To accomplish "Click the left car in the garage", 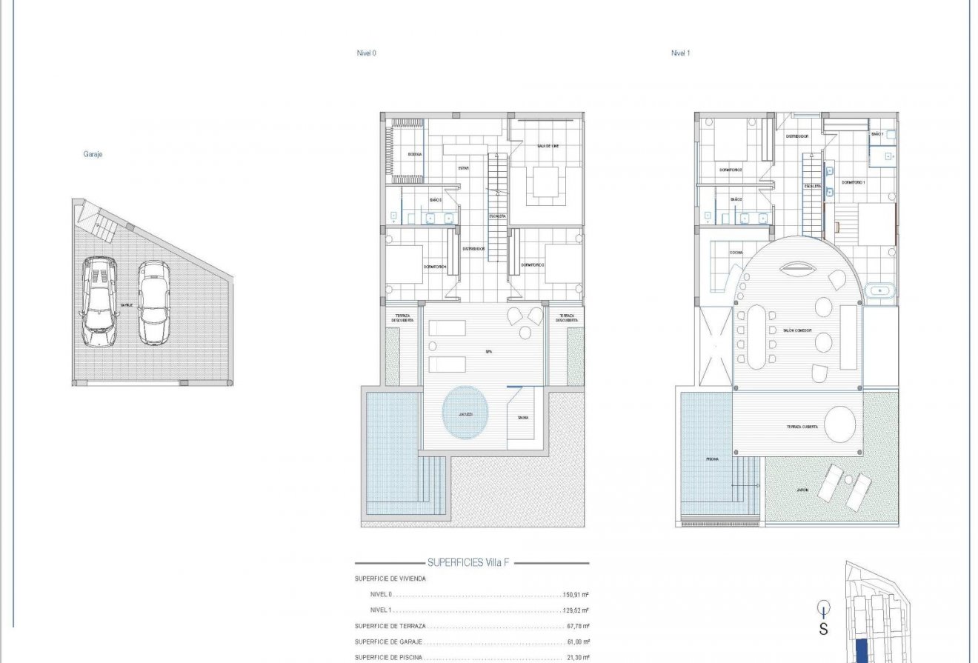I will (99, 301).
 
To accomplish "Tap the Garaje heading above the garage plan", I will (93, 154).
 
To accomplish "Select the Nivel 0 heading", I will (366, 53).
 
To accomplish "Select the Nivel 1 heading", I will (680, 53).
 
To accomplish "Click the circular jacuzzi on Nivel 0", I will (466, 414).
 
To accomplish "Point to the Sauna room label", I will (523, 418).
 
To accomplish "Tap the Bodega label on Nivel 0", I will (415, 154).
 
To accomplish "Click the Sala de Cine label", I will (548, 146).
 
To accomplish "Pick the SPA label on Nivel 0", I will (488, 352).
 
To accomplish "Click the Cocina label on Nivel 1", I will (736, 253).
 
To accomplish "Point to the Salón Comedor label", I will (797, 330).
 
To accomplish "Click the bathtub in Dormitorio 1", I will (879, 290).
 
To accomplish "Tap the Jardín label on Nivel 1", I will (802, 490).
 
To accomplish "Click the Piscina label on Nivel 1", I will (712, 459).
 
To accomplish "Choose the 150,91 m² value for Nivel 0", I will (576, 595).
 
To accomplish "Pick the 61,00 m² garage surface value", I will (578, 642).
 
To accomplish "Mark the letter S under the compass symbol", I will (823, 630).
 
